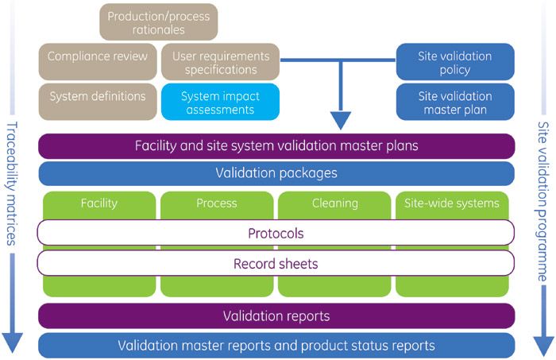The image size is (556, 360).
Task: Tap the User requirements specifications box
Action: point(220,62)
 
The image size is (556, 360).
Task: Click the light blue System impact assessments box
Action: point(220,102)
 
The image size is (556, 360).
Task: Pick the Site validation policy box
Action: point(454,62)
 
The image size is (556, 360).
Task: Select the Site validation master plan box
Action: point(454,102)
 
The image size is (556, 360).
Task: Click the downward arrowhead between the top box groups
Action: point(341,121)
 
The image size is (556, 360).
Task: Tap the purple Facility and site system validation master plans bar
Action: point(276,146)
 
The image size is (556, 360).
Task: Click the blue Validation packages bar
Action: point(276,173)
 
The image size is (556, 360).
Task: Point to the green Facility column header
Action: point(98,203)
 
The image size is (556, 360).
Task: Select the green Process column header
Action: point(216,203)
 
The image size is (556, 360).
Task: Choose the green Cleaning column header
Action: point(334,203)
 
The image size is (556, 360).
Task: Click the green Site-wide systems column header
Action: point(454,203)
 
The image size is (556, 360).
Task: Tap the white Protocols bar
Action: point(276,234)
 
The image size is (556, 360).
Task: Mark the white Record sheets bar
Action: point(276,263)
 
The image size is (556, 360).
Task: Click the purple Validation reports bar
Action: point(276,316)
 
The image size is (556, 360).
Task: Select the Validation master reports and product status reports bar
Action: point(276,346)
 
